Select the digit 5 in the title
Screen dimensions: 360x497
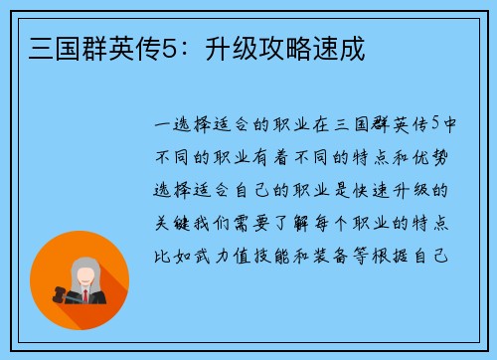[x=165, y=46]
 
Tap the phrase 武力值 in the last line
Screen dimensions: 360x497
[x=221, y=253]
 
